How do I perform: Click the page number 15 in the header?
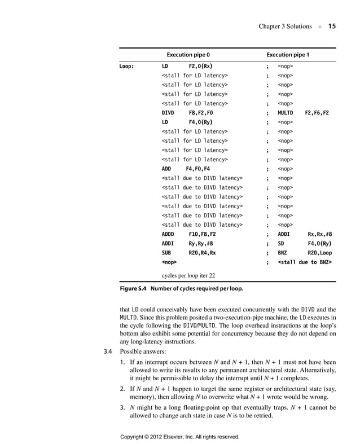pos(332,26)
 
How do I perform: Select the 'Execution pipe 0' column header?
pos(188,55)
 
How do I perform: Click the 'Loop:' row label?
pos(126,66)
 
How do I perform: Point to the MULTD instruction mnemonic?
pos(287,113)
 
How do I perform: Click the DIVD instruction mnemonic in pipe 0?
pos(169,113)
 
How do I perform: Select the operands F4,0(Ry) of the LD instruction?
pos(200,122)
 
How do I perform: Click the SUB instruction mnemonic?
pos(167,253)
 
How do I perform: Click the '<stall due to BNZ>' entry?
pos(305,262)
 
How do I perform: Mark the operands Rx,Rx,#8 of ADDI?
pos(320,234)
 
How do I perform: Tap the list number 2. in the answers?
pos(123,389)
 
